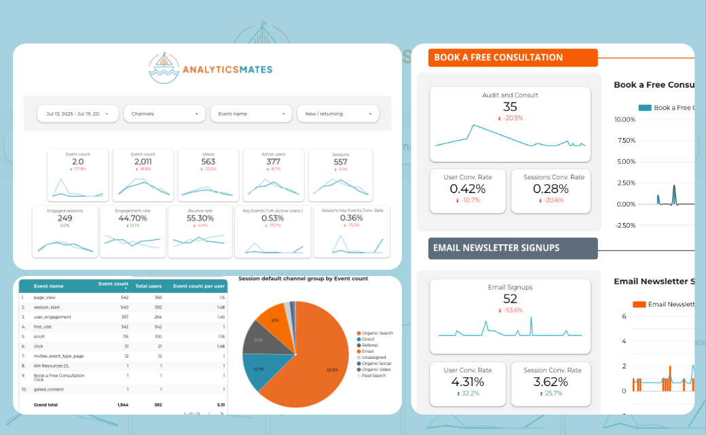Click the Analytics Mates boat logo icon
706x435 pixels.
163,68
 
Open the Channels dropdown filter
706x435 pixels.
165,114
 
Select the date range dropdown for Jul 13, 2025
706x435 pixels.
77,114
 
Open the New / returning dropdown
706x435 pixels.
337,114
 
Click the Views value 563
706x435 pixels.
208,162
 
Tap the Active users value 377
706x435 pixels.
274,162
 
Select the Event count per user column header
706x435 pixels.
200,286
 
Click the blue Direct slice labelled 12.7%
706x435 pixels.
258,369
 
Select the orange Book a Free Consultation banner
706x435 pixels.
513,58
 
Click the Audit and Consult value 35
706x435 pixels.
510,107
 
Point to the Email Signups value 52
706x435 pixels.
510,298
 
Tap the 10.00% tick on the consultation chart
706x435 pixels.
624,120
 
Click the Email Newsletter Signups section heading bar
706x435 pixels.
513,248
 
